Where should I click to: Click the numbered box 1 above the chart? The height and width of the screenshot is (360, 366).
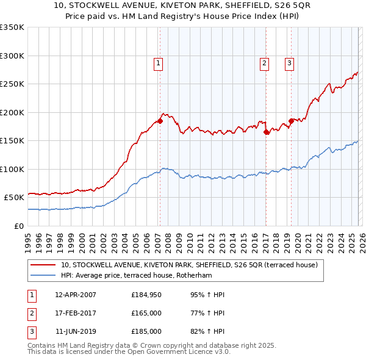point(158,62)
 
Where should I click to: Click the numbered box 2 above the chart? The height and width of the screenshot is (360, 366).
point(264,62)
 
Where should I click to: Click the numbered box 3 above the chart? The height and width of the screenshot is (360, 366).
point(289,62)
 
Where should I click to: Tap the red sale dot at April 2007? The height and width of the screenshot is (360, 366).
point(160,121)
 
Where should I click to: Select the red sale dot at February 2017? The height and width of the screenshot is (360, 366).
point(266,132)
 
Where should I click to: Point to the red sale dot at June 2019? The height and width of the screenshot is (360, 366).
point(291,121)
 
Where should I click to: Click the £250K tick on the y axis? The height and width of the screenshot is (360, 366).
point(12,84)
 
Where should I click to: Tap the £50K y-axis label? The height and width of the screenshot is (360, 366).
point(14,198)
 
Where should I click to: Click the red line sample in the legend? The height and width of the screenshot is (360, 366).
point(43,265)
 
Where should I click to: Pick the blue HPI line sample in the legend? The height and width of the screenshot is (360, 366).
point(43,275)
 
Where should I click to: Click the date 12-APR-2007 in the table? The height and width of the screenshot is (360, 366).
point(76,295)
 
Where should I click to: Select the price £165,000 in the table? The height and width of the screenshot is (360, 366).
point(146,313)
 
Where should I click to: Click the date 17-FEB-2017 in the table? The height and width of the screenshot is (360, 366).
point(76,313)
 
